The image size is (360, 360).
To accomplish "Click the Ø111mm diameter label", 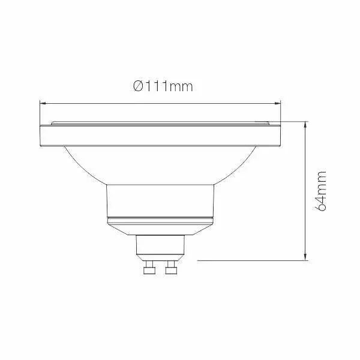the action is [163, 86].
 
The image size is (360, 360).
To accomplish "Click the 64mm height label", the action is [320, 191].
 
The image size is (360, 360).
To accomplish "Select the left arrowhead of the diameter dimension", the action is [43, 104].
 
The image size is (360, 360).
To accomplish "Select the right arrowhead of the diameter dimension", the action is [278, 104].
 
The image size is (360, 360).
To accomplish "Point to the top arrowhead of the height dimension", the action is [305, 125].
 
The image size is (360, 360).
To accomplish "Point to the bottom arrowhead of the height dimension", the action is [305, 257].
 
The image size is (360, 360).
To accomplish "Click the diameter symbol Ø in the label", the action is [138, 86].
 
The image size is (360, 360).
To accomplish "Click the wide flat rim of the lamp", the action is [160, 136].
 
